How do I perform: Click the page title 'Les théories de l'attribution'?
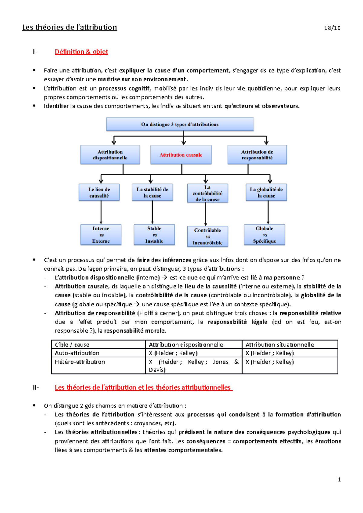[x=70, y=27]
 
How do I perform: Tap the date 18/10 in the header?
[x=332, y=28]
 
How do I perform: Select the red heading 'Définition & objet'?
[x=81, y=52]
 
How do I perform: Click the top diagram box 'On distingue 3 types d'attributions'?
[x=180, y=124]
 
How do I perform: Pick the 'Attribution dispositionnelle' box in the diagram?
[x=110, y=155]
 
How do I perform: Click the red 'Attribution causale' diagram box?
[x=181, y=155]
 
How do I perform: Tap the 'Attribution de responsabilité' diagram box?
[x=257, y=155]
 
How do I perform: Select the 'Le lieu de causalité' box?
[x=99, y=192]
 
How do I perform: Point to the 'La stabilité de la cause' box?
[x=152, y=192]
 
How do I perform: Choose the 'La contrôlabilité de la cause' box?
[x=208, y=193]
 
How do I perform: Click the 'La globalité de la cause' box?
[x=266, y=192]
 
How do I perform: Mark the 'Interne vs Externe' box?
[x=101, y=235]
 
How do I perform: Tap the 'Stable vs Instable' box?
[x=154, y=235]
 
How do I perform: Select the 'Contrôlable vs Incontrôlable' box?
[x=208, y=237]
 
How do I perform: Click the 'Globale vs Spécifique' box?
[x=264, y=235]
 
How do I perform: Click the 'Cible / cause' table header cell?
[x=72, y=345]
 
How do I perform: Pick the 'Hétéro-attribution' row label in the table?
[x=80, y=362]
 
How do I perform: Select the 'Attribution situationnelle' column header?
[x=280, y=345]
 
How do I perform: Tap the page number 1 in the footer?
[x=339, y=479]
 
